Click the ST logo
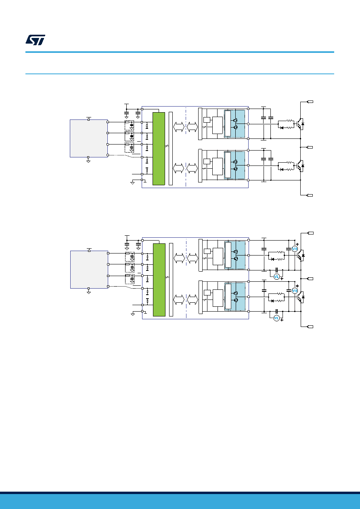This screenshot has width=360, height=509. point(35,40)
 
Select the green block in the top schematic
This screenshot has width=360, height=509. point(159,149)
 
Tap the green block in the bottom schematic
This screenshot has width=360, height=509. point(159,280)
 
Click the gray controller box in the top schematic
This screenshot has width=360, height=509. point(89,138)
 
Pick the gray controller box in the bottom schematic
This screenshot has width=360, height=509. point(89,270)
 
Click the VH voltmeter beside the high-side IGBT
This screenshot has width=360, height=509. point(295,249)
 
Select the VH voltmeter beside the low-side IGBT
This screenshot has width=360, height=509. point(295,291)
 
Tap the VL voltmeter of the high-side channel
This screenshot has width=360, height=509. point(276,276)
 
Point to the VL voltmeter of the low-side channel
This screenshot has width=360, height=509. point(276,318)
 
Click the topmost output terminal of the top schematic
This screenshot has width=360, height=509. point(310,102)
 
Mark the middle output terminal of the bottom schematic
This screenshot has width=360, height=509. point(310,279)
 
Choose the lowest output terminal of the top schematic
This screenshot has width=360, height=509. point(310,195)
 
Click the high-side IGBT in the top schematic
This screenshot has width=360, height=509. point(300,124)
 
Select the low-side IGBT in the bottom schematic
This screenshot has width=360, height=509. point(301,297)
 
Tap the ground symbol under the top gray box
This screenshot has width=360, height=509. point(88,161)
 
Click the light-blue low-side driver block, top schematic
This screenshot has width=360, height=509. point(234,165)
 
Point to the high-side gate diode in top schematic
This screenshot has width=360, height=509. point(282,128)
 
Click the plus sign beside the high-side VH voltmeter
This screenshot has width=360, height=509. point(297,244)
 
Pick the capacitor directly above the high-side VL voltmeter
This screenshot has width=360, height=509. point(276,270)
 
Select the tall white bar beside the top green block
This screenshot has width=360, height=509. point(171,149)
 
